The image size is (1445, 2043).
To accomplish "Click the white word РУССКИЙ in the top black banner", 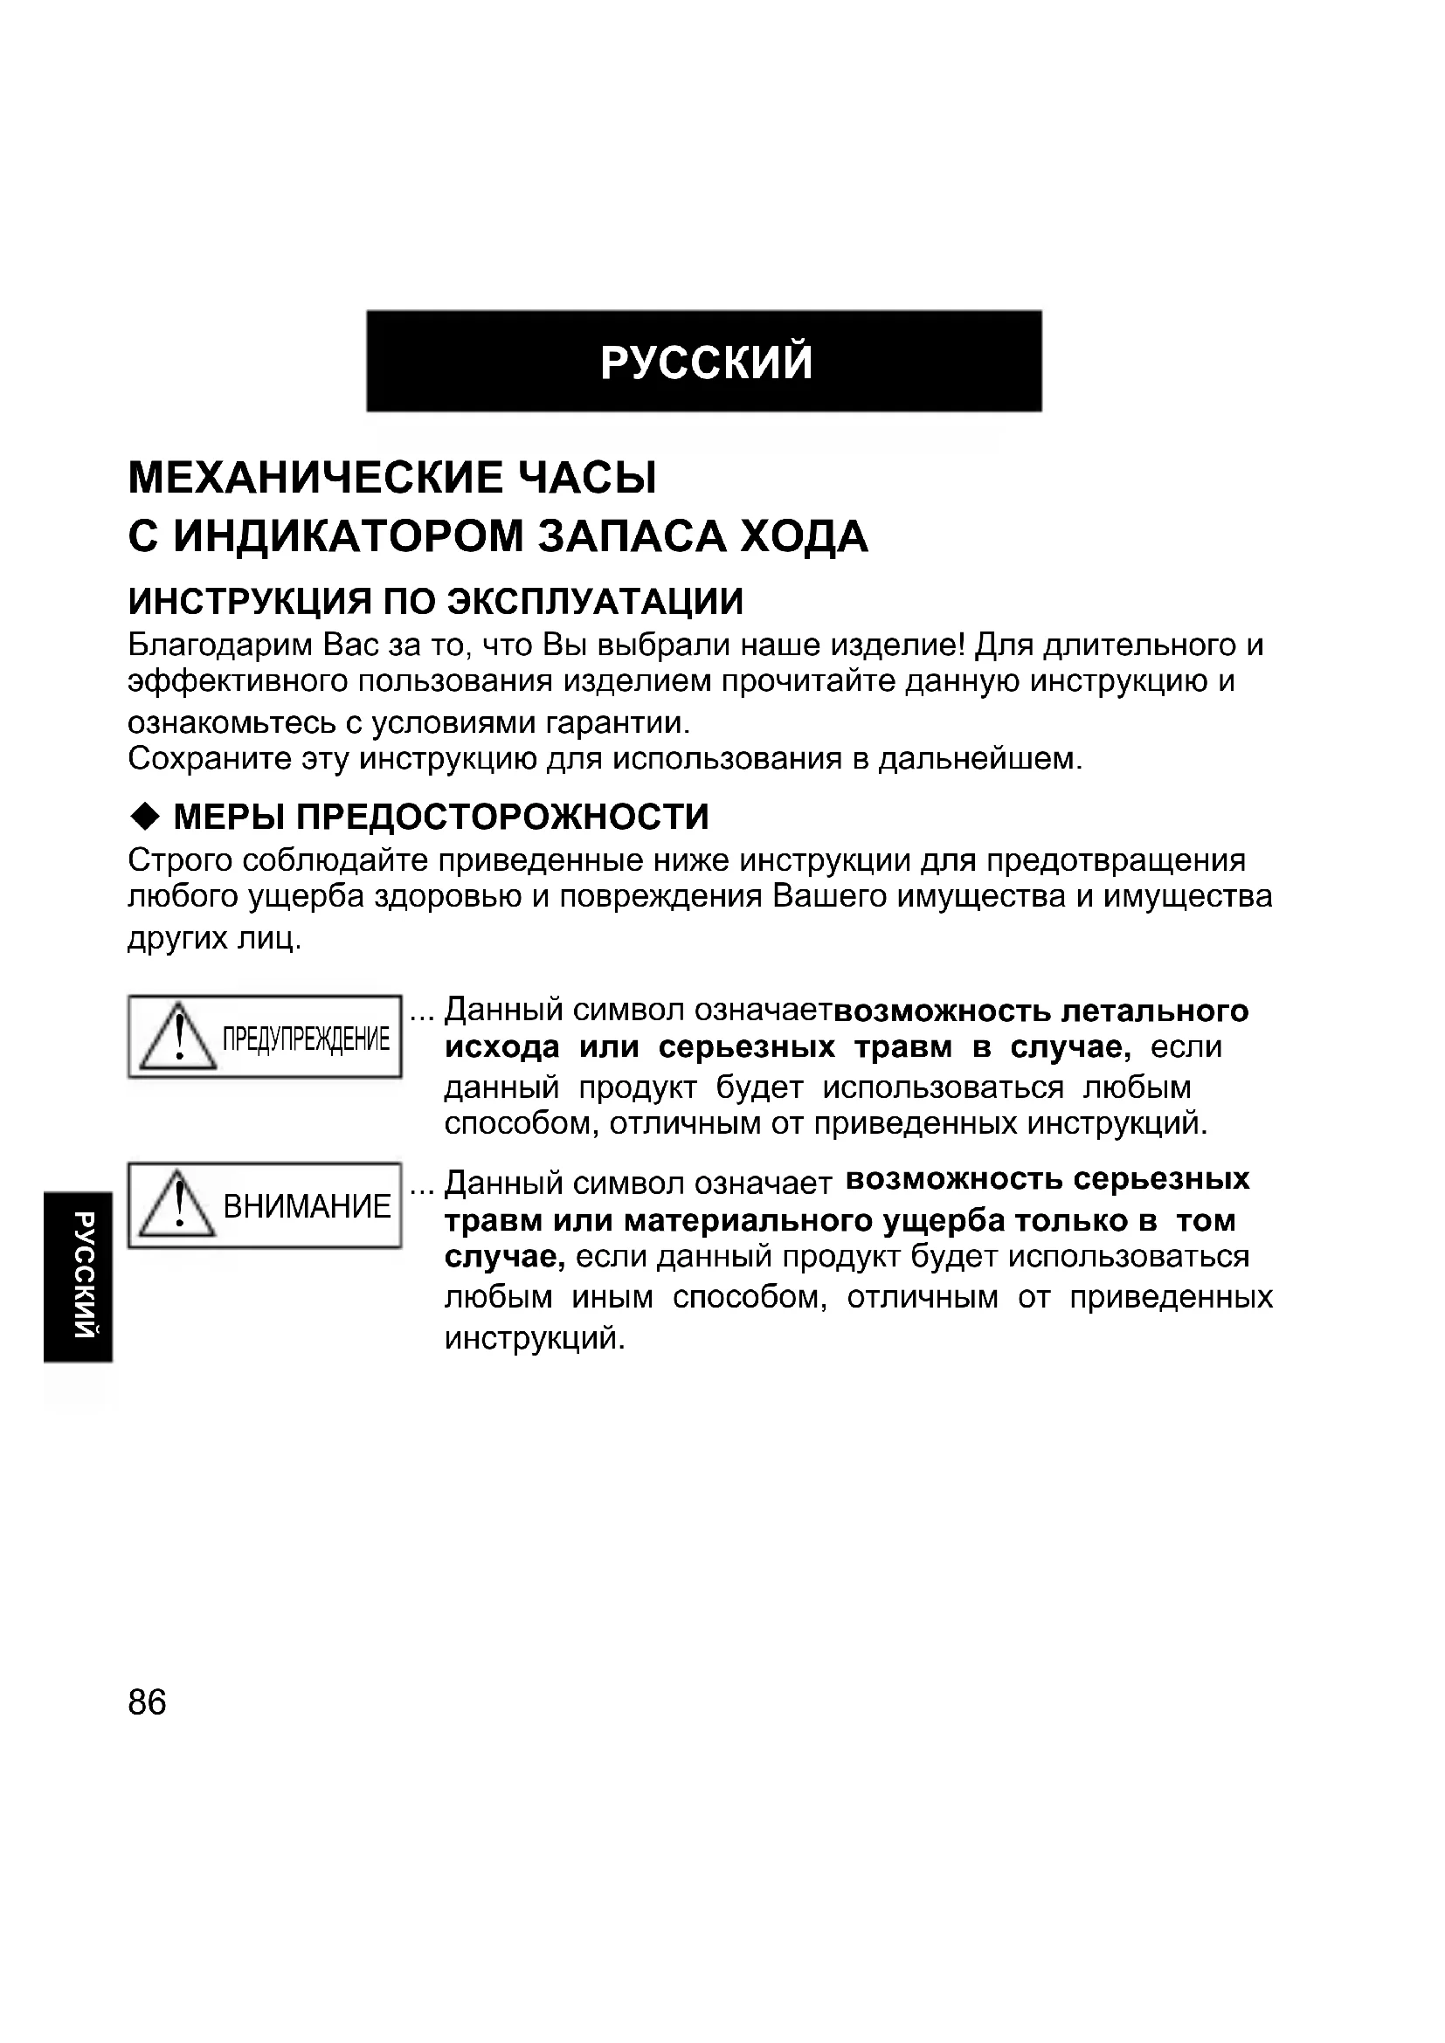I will point(707,362).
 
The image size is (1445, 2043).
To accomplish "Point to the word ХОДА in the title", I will point(805,536).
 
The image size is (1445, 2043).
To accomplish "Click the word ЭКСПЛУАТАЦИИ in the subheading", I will point(594,603).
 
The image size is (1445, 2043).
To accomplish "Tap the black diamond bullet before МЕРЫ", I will point(143,815).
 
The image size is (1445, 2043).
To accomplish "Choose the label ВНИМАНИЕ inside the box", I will point(307,1206).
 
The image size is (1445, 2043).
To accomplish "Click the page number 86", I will point(147,1702).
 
